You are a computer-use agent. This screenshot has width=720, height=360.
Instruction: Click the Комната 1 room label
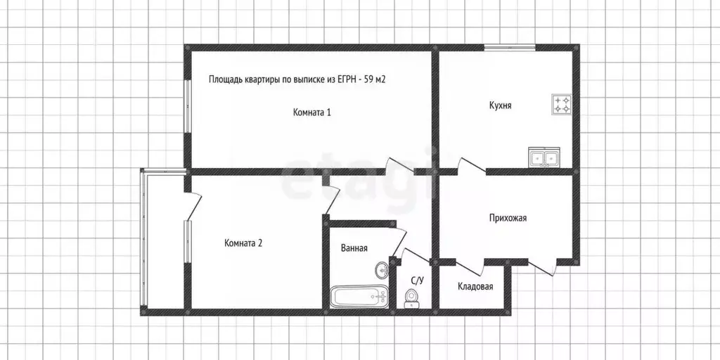click(311, 112)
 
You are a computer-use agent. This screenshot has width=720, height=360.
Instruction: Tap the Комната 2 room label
click(243, 243)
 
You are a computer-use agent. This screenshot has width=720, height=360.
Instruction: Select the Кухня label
click(500, 105)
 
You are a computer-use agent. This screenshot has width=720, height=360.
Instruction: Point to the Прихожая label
click(508, 218)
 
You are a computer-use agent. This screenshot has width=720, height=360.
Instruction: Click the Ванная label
click(354, 247)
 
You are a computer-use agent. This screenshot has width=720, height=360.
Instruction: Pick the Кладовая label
click(475, 286)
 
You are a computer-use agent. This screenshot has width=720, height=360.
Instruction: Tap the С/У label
click(417, 281)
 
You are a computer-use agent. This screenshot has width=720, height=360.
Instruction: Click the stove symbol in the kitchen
click(562, 104)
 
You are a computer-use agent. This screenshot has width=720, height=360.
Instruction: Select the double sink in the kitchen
click(544, 158)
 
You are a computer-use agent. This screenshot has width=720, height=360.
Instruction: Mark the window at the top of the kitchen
click(509, 47)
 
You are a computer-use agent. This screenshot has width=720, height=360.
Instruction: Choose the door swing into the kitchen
click(470, 167)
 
